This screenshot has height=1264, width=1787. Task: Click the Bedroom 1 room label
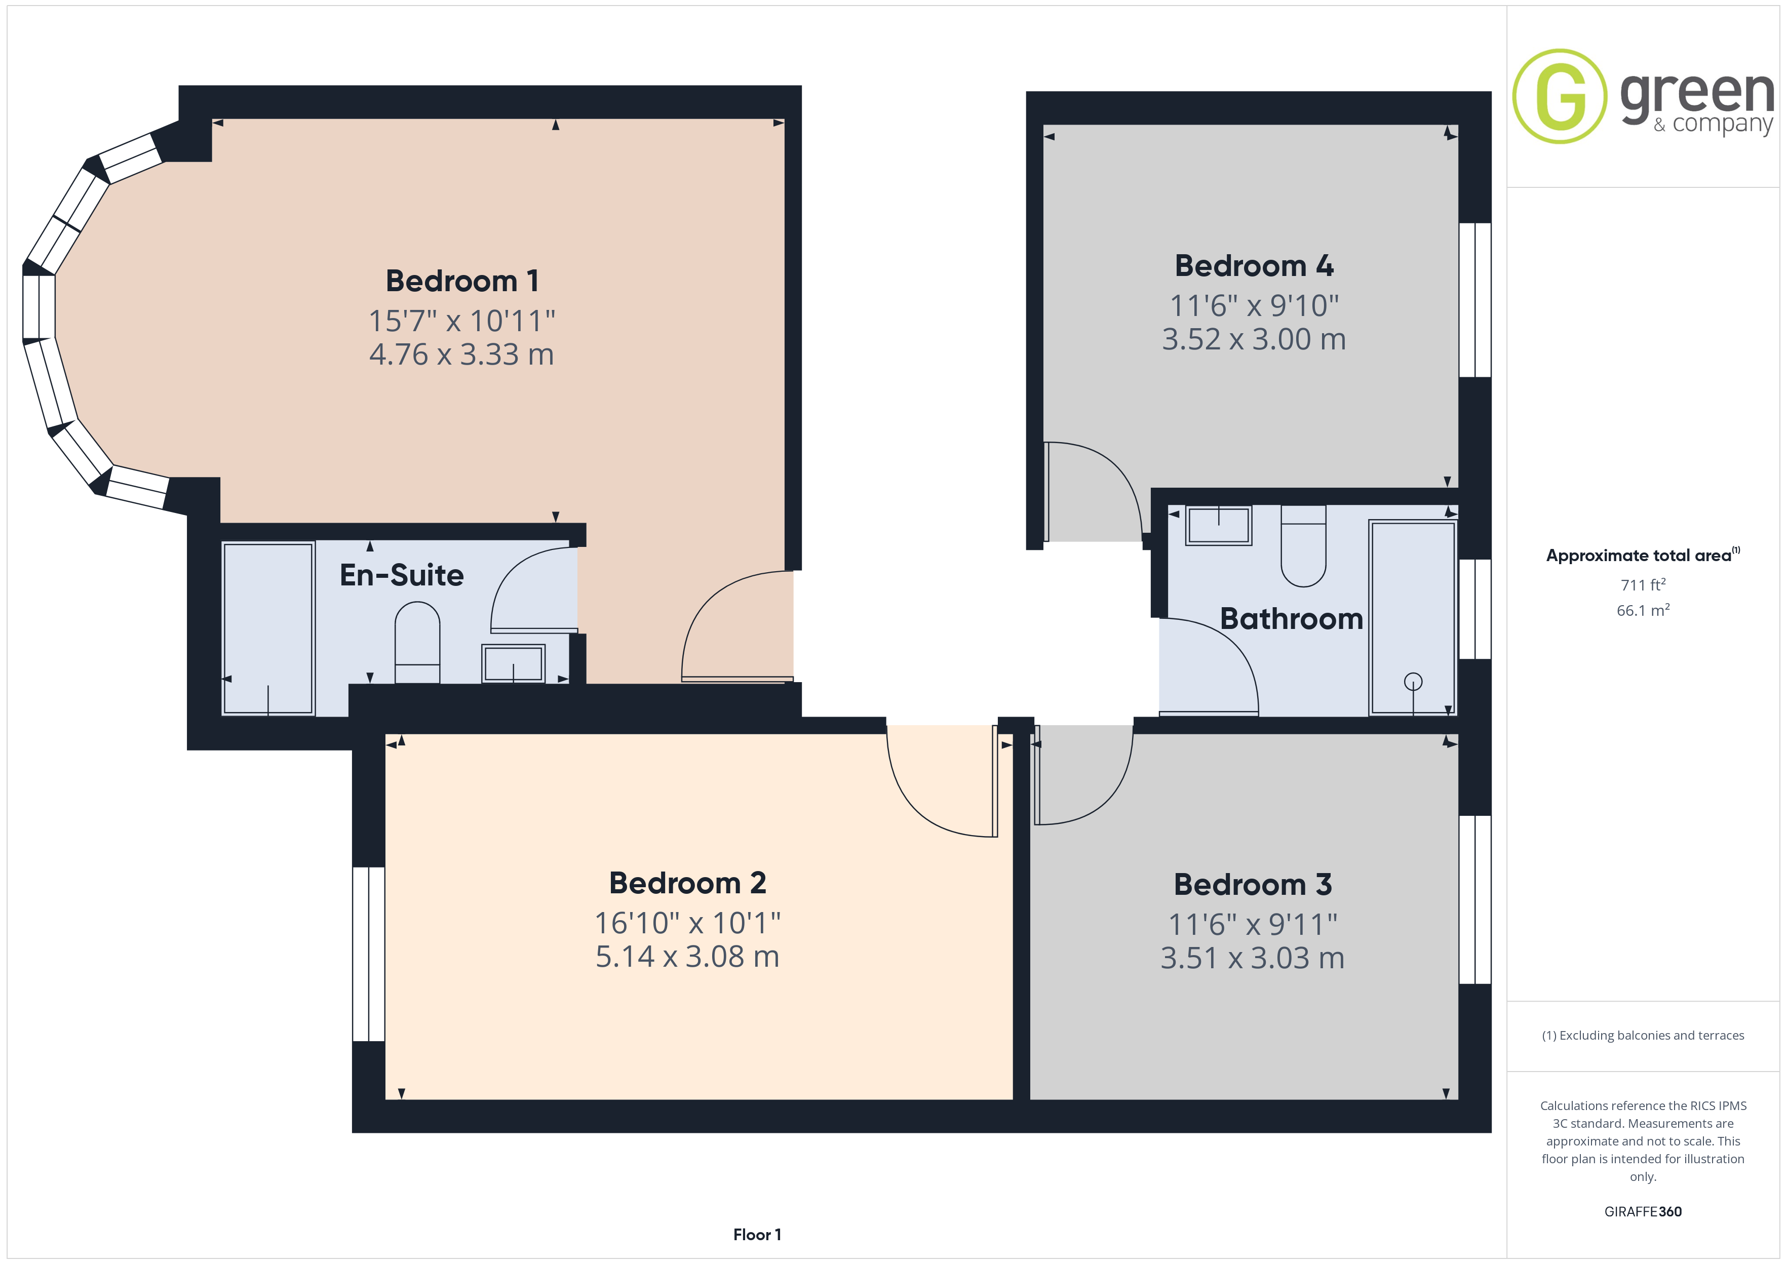pyautogui.click(x=462, y=281)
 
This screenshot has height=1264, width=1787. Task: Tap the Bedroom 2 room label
pyautogui.click(x=687, y=883)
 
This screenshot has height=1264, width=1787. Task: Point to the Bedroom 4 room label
pyautogui.click(x=1254, y=265)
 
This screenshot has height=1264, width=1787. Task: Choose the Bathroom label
pyautogui.click(x=1291, y=619)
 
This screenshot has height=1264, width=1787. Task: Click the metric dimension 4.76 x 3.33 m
pyautogui.click(x=461, y=354)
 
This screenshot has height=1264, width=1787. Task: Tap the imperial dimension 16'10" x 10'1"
pyautogui.click(x=687, y=923)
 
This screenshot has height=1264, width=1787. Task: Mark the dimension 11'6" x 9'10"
pyautogui.click(x=1254, y=306)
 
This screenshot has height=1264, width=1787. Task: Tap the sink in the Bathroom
pyautogui.click(x=1219, y=525)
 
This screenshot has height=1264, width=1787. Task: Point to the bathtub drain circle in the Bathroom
pyautogui.click(x=1413, y=682)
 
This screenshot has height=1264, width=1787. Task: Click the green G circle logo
pyautogui.click(x=1559, y=97)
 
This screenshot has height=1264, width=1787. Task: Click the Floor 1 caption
pyautogui.click(x=757, y=1235)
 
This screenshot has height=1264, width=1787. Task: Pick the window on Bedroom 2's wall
pyautogui.click(x=369, y=954)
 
